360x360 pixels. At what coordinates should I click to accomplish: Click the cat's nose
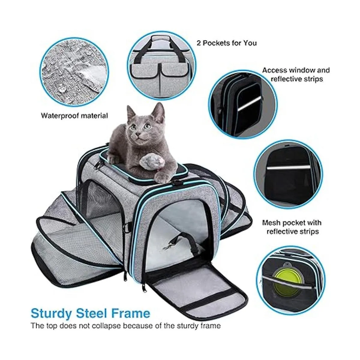click(138, 134)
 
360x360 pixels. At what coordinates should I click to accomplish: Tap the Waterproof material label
click(74, 116)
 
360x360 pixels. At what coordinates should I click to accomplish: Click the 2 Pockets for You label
click(226, 43)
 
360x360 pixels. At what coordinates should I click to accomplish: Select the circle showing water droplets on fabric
click(74, 72)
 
